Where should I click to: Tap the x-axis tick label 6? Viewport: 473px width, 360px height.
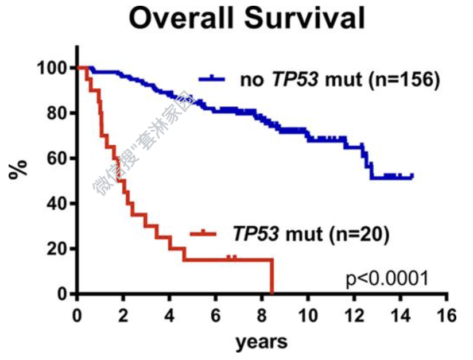216,315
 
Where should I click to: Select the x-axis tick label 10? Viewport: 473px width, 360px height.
308,315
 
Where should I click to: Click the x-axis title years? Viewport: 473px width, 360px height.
261,342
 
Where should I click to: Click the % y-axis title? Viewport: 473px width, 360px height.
17,170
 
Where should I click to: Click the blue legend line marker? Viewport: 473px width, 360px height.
214,80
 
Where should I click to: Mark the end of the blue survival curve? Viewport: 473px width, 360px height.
412,176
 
